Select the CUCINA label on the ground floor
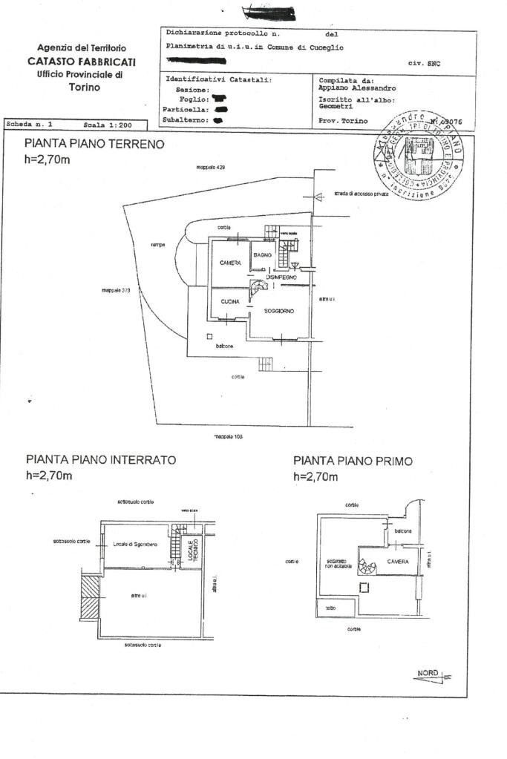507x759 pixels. pos(229,301)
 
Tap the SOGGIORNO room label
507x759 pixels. pos(279,311)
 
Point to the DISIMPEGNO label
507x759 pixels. pos(282,277)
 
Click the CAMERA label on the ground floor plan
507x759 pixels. pos(230,263)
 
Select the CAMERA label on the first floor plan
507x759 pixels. pos(397,562)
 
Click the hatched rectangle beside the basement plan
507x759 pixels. pos(90,597)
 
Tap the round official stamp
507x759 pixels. pos(419,158)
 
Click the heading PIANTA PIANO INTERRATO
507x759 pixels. pos(100,460)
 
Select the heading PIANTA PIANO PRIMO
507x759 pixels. pos(353,461)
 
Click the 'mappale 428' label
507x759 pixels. pos(210,168)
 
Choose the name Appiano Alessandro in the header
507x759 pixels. pos(352,88)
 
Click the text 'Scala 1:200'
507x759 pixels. pos(102,125)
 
